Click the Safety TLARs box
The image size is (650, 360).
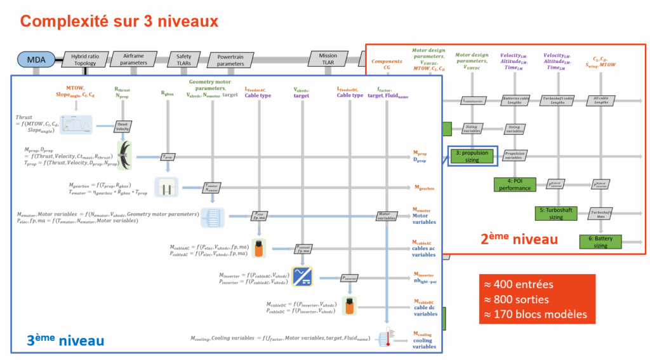point(183,60)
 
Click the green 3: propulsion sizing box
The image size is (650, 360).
point(472,156)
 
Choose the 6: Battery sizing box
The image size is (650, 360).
point(600,242)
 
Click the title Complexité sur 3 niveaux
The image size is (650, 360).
point(119,21)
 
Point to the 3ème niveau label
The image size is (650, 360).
point(65,340)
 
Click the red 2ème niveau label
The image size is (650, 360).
point(519,239)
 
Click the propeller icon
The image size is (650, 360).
point(129,155)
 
